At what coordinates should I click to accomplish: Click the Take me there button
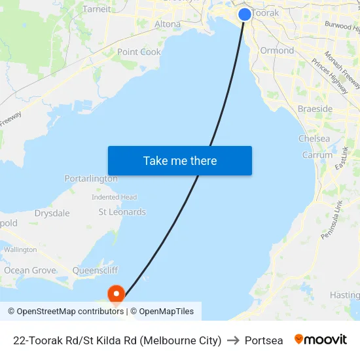click(180, 160)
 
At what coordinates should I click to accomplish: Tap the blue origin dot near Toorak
click(245, 14)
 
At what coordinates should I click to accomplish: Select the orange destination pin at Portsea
click(117, 294)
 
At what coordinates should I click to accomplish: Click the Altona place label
click(168, 24)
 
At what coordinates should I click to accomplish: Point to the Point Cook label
click(139, 52)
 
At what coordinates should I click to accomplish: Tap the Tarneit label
click(97, 9)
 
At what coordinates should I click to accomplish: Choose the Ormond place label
click(277, 50)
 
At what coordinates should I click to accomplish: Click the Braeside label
click(315, 109)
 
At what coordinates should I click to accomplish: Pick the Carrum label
click(317, 155)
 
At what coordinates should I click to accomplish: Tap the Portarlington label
click(91, 179)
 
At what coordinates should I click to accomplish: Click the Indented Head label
click(114, 197)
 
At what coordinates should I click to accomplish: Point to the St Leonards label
click(122, 212)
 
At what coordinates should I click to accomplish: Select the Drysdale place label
click(52, 213)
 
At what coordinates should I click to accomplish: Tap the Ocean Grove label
click(30, 270)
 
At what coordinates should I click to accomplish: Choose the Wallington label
click(20, 249)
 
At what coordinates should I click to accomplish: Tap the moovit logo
click(321, 340)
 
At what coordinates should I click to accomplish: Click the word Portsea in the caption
click(264, 340)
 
